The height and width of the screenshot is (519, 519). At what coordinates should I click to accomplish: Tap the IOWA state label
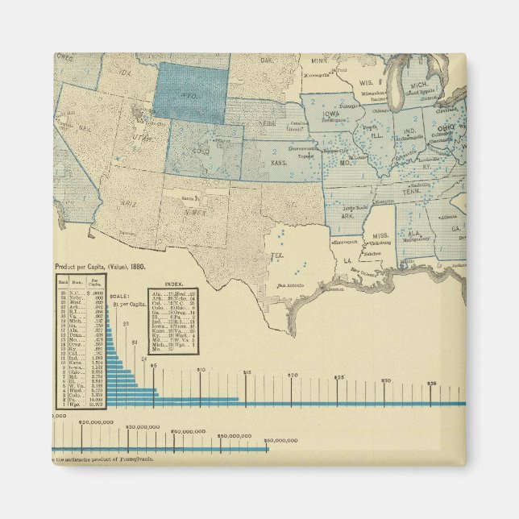point(332,115)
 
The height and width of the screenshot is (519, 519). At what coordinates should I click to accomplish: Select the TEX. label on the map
point(277,255)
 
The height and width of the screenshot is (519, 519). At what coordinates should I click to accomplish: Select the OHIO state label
point(445,128)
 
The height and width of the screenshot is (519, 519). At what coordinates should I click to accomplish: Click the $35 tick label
point(432,384)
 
